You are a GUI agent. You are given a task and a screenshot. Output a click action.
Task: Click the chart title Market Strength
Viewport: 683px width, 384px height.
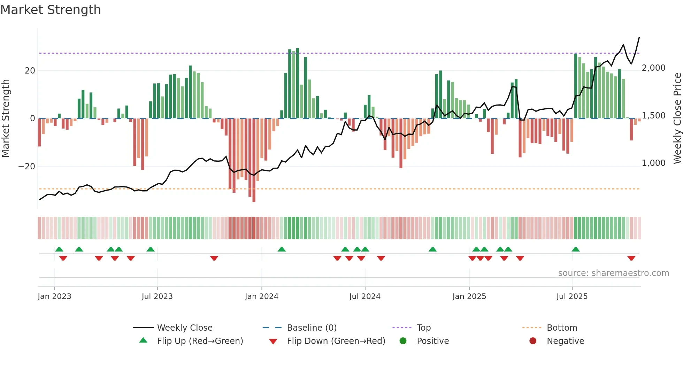(x=51, y=10)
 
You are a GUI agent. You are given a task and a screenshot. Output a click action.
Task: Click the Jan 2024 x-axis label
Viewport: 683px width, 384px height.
(x=261, y=297)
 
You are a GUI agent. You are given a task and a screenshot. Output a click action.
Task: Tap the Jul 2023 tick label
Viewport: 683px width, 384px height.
(x=157, y=297)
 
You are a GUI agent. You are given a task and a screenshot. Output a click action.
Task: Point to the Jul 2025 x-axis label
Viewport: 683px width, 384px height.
(x=572, y=297)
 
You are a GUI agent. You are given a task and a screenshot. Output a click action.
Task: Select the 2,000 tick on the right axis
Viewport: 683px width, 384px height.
(x=653, y=68)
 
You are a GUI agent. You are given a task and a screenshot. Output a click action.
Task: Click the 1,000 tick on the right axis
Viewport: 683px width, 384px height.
(x=653, y=163)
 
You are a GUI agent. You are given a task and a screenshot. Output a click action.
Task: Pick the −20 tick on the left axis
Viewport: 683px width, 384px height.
(x=26, y=167)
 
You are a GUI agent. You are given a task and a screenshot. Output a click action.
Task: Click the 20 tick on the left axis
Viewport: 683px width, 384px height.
(x=30, y=71)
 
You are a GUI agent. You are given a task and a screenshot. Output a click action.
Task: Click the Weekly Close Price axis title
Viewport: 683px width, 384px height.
(x=677, y=118)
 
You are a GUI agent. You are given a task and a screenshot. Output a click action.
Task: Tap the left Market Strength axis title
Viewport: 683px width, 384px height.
(x=6, y=118)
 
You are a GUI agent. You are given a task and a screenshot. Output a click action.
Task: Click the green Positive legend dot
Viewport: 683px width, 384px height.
(x=403, y=341)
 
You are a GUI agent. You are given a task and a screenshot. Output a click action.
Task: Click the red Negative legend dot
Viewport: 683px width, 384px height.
(x=533, y=341)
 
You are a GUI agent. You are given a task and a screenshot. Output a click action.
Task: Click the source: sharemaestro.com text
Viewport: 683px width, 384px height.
(x=613, y=273)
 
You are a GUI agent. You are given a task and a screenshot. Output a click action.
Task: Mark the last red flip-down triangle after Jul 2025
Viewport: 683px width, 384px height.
(x=631, y=258)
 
